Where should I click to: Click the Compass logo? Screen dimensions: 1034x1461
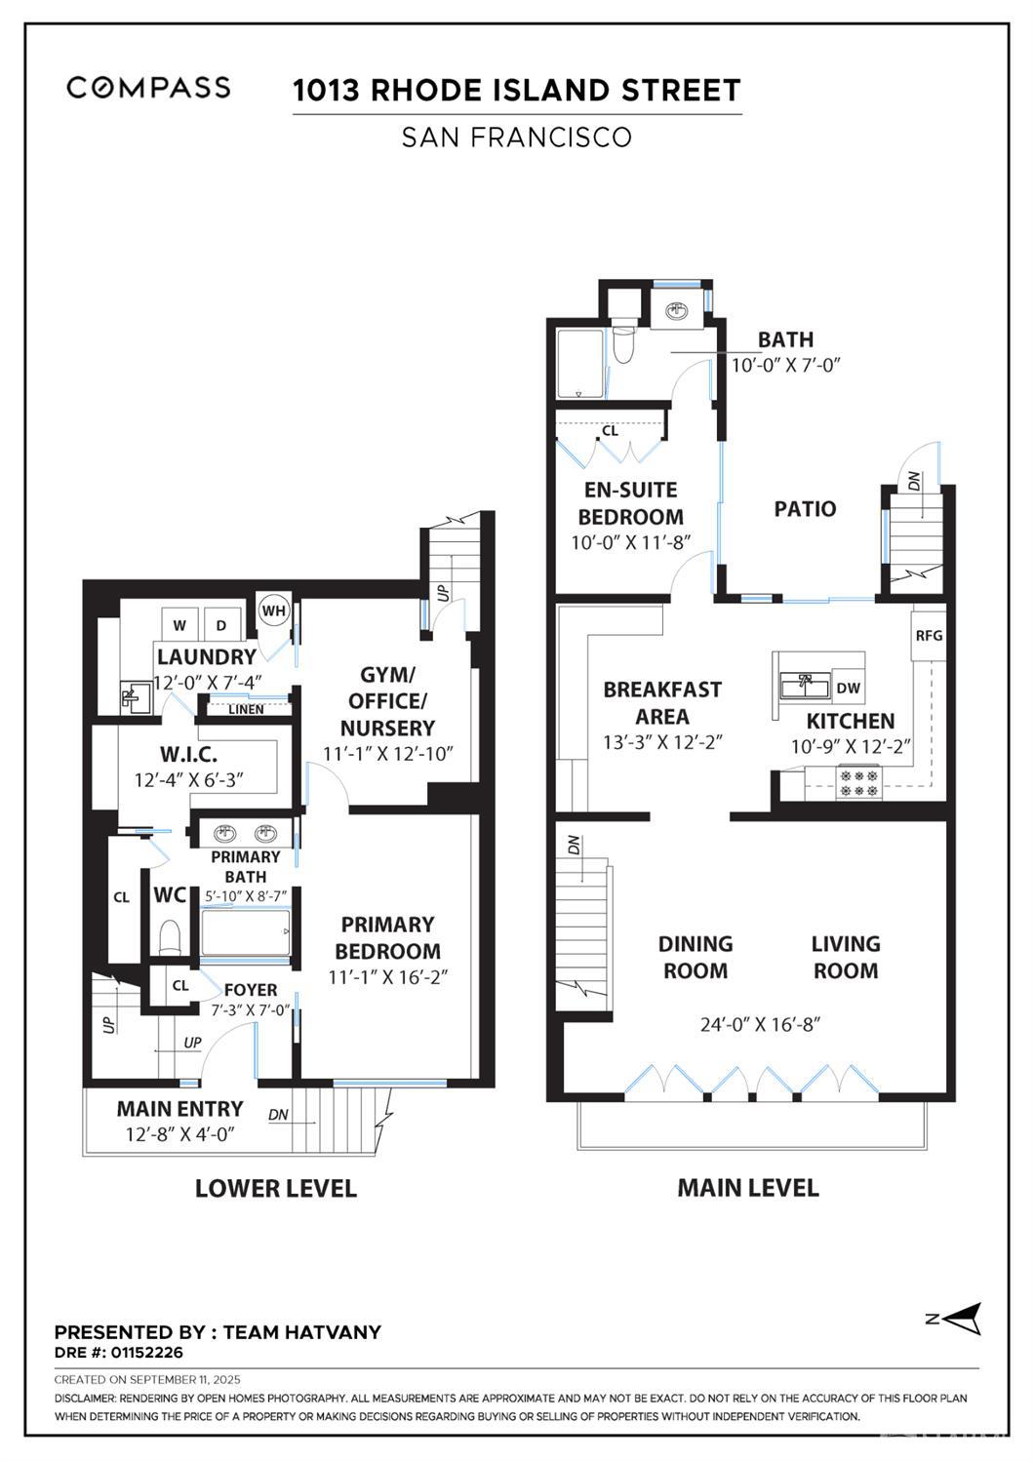148,88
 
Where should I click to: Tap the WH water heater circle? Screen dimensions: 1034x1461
273,612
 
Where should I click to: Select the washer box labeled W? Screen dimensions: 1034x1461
180,625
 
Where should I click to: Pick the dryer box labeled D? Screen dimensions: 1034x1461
221,625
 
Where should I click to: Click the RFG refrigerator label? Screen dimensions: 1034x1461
929,635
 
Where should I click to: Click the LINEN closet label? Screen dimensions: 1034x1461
246,709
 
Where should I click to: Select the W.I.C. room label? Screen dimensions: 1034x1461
188,755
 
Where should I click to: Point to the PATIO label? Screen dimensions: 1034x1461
805,509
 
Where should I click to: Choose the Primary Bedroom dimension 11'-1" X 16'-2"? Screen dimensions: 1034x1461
388,977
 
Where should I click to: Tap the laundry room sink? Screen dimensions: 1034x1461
136,697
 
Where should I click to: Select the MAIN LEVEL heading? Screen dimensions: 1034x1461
748,1188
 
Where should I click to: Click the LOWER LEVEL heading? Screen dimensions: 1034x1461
276,1188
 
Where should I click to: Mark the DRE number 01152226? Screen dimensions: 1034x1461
146,1352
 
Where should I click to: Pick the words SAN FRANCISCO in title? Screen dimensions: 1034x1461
517,137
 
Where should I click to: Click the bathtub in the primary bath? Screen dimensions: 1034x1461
245,933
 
